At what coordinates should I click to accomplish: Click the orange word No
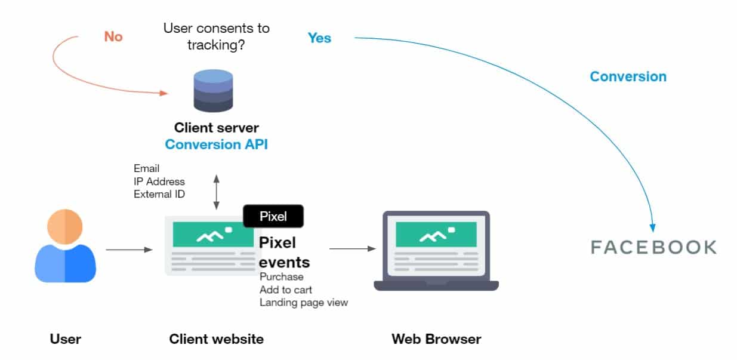click(x=113, y=36)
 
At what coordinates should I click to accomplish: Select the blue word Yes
click(x=319, y=38)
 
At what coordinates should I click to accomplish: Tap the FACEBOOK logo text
click(x=653, y=247)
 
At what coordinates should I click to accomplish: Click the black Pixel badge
click(x=273, y=216)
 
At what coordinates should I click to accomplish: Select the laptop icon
click(x=436, y=251)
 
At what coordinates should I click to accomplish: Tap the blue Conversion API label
click(x=216, y=144)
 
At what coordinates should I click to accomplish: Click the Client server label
click(x=216, y=128)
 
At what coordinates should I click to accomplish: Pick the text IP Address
click(x=159, y=181)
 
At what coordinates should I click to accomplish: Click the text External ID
click(x=159, y=194)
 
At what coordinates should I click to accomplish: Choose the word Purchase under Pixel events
click(x=281, y=277)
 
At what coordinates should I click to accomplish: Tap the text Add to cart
click(x=285, y=290)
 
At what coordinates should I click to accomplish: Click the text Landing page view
click(x=303, y=303)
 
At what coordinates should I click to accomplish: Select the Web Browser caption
click(x=436, y=340)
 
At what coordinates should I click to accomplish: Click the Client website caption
click(x=216, y=340)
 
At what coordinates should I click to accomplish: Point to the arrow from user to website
click(x=129, y=250)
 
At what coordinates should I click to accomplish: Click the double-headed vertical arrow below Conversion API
click(x=216, y=192)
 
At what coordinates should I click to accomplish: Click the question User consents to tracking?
click(x=216, y=36)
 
